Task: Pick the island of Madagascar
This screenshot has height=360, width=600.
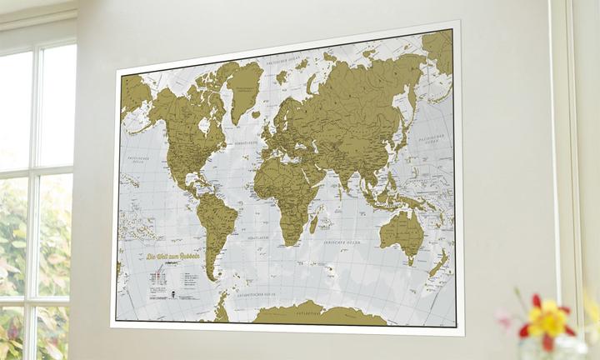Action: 313,222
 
